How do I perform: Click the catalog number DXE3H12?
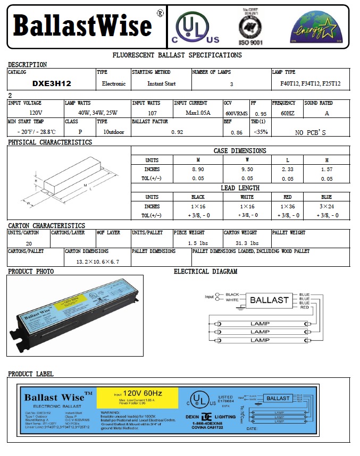point(52,84)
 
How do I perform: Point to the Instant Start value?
point(161,84)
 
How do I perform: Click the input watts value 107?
point(152,113)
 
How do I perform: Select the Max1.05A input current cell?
point(198,113)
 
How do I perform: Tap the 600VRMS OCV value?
point(236,113)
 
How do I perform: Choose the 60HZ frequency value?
point(287,113)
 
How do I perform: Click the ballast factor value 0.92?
point(177,132)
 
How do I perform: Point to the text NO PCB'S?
point(310,132)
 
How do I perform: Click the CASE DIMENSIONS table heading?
point(240,151)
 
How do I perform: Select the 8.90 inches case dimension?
point(198,170)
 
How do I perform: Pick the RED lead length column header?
point(288,197)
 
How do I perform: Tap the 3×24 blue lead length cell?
point(326,206)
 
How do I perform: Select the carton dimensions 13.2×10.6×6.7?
point(97,261)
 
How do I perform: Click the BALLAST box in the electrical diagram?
point(269,300)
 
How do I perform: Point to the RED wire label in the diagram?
point(304,308)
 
